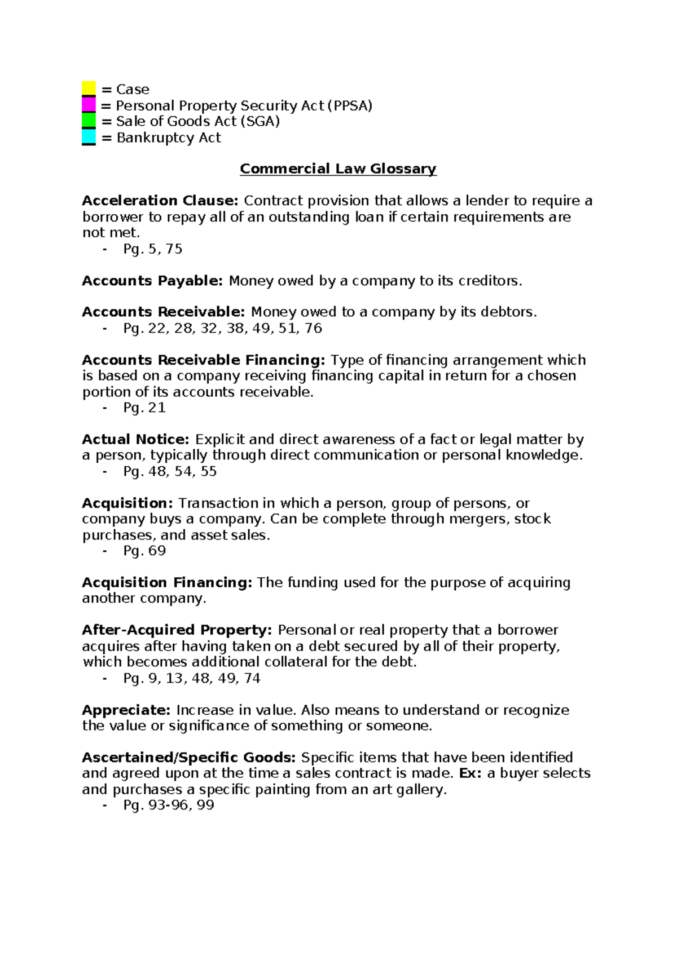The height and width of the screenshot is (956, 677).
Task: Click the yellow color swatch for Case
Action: tap(89, 88)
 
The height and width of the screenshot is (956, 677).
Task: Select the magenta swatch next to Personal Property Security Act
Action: tap(89, 105)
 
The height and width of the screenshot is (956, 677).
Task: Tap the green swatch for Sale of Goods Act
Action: tap(89, 121)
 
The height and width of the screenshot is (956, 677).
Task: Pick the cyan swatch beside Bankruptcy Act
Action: tap(89, 137)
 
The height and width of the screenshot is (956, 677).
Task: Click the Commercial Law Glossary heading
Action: tap(338, 169)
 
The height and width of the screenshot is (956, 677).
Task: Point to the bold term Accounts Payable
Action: tap(152, 281)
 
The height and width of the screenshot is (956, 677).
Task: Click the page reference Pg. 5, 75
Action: tap(153, 249)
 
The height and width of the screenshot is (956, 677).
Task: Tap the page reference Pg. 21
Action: tap(144, 408)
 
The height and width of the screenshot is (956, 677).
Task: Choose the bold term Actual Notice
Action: tap(136, 439)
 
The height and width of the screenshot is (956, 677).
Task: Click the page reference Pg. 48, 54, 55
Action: tap(170, 471)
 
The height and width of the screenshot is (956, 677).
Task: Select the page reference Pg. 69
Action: tap(144, 551)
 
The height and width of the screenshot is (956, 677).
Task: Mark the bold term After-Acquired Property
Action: tap(177, 630)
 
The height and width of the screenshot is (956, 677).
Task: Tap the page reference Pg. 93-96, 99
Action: tap(169, 805)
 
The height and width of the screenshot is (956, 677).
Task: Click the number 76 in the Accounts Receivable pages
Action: tap(313, 329)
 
